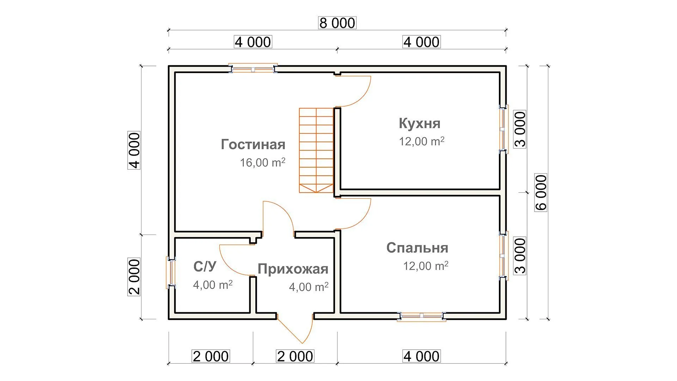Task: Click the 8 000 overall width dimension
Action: coord(337,23)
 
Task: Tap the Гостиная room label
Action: coord(253,145)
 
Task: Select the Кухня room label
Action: coord(420,123)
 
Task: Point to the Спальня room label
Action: coord(417,248)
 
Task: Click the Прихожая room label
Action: coord(293,269)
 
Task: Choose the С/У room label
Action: coord(205,266)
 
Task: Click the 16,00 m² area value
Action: coord(263,163)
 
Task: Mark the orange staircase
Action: coord(316,150)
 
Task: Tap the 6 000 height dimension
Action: coord(541,193)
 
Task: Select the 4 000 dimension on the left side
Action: coord(134,151)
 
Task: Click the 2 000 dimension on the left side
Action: coord(134,277)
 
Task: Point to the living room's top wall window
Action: coord(253,68)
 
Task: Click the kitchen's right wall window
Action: coord(504,129)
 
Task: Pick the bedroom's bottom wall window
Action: coord(422,316)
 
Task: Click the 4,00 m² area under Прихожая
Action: coord(309,287)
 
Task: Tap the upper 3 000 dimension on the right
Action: coord(520,129)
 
